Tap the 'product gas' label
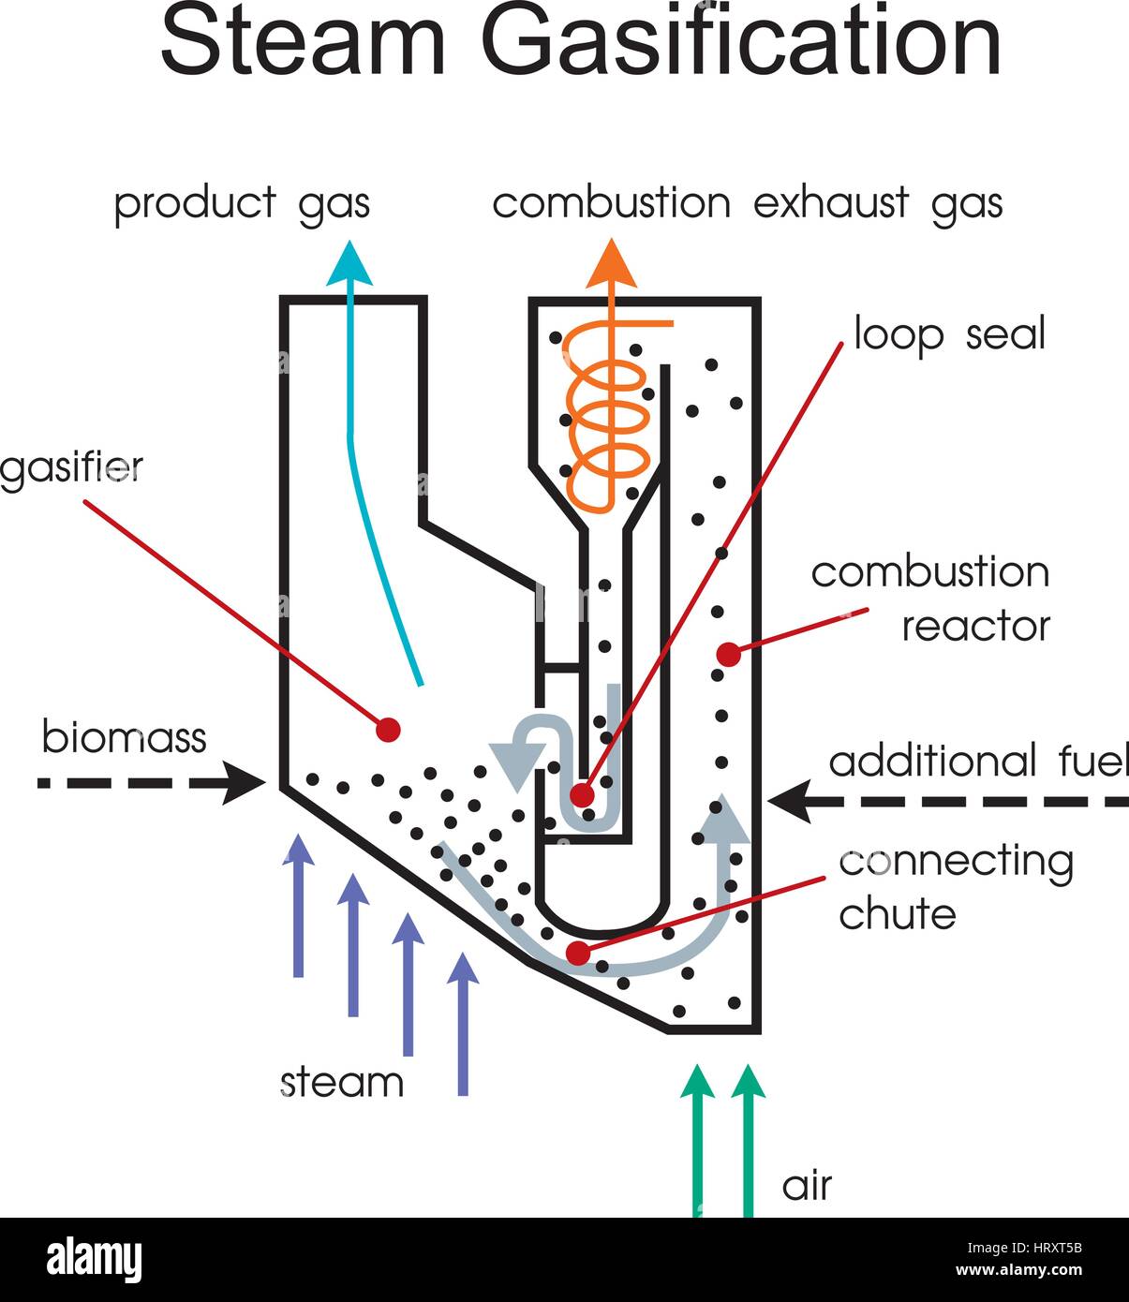[242, 203]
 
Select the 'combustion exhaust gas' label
[747, 203]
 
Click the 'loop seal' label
[949, 334]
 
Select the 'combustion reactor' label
[930, 599]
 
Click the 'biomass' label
[124, 737]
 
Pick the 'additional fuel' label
[978, 762]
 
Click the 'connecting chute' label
[956, 886]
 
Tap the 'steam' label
[342, 1083]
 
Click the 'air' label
[806, 1186]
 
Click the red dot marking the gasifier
[388, 729]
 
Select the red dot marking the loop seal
[582, 795]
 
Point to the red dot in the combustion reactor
[728, 654]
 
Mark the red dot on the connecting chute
[578, 954]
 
